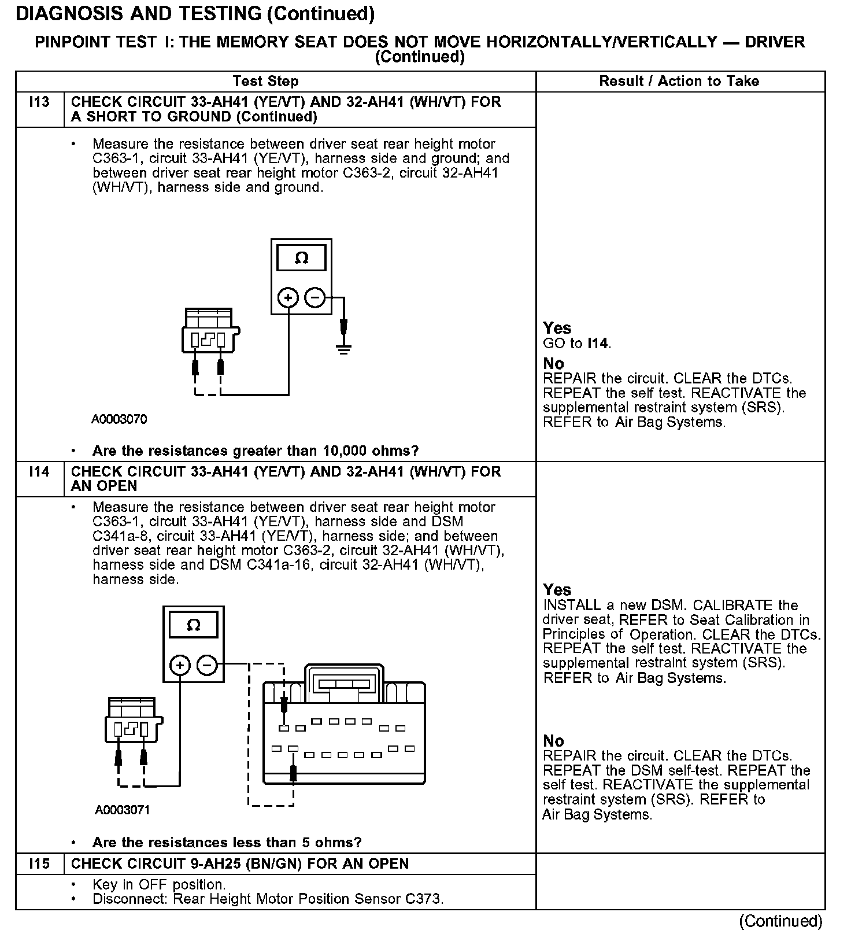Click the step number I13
pos(39,102)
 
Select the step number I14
pos(39,472)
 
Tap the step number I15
pos(39,864)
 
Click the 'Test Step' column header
pos(265,82)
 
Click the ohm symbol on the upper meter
pos(301,259)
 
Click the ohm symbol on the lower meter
pos(194,625)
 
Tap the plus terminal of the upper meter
pos(288,298)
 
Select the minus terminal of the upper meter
pos(315,298)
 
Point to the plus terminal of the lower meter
pos(180,665)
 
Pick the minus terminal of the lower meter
pos(207,665)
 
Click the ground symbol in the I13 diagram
pos(344,348)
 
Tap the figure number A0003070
pos(119,419)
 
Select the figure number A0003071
pos(123,810)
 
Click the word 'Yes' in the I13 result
pos(557,328)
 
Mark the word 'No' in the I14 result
pos(553,741)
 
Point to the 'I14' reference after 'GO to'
pos(598,344)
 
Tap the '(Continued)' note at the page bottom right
pos(780,921)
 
